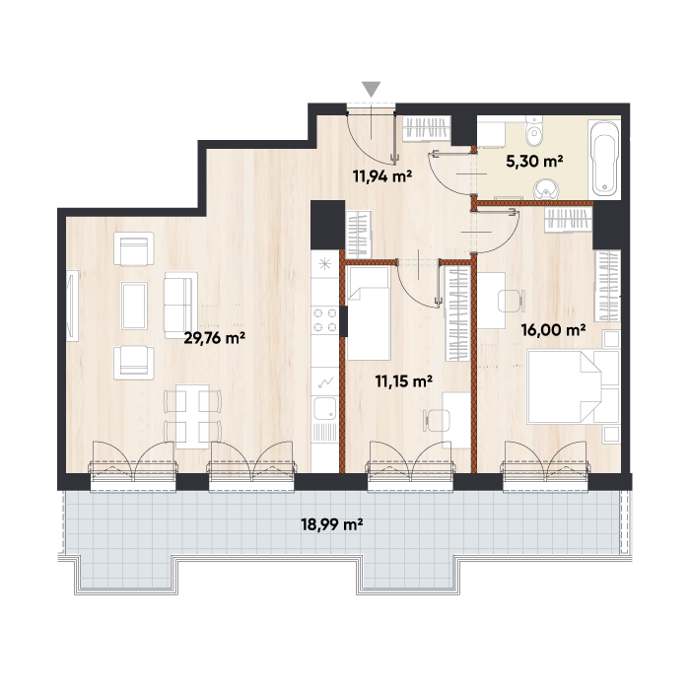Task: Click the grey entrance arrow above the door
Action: coord(372,89)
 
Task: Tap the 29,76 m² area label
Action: coord(214,338)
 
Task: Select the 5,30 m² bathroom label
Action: coord(534,162)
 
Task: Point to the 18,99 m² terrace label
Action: coord(331,524)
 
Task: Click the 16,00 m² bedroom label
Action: coord(553,329)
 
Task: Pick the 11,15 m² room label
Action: coord(403,381)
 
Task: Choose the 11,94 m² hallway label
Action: coord(382,176)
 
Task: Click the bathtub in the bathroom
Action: coord(604,158)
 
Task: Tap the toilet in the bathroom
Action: coord(534,131)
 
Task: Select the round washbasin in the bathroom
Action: coord(546,190)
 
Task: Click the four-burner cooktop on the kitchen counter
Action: coord(324,320)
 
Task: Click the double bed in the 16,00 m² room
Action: coord(573,386)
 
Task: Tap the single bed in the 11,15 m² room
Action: coord(368,312)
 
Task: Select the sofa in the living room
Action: coord(180,305)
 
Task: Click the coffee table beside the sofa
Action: coord(135,306)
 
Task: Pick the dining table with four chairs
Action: coord(192,416)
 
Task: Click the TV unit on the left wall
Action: coord(72,305)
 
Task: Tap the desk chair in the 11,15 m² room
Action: coord(438,420)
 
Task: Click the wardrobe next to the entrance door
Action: coord(427,128)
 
